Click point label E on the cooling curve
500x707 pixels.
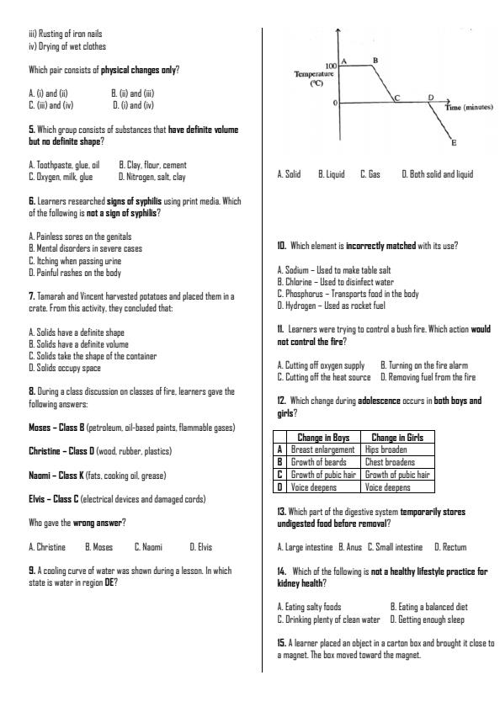tap(455, 144)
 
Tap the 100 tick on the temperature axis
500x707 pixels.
tap(329, 65)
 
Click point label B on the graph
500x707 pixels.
tap(375, 60)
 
